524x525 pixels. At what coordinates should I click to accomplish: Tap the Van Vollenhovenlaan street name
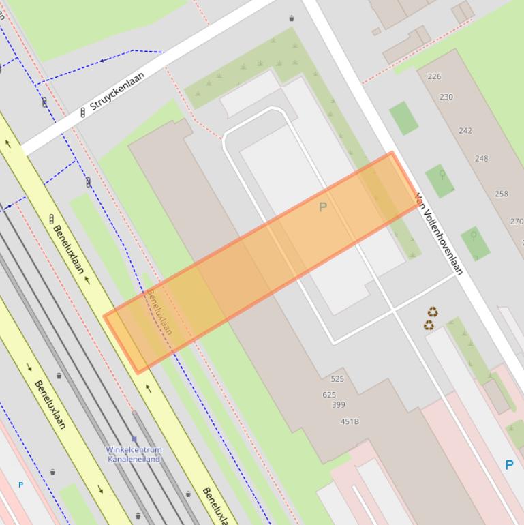point(438,234)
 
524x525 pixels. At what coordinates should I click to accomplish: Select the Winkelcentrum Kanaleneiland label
point(134,454)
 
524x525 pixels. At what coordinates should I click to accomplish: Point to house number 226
point(434,76)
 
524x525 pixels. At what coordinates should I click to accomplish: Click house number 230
point(446,97)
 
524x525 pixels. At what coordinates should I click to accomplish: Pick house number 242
point(465,130)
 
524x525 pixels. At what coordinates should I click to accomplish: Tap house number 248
point(482,158)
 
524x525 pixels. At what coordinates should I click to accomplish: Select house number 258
point(502,194)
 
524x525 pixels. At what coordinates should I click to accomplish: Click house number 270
point(517,221)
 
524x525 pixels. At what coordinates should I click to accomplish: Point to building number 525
point(337,379)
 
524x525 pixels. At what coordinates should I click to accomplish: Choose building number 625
point(329,395)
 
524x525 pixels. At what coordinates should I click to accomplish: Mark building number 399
point(338,405)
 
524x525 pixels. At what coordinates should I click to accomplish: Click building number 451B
point(350,421)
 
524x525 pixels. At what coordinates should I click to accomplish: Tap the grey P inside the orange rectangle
point(323,207)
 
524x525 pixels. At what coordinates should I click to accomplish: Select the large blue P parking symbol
point(509,465)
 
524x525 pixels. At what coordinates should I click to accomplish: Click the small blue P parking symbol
point(20,485)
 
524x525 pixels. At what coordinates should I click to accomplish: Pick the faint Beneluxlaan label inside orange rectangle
point(159,312)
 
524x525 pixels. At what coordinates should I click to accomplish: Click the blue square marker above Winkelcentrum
point(134,439)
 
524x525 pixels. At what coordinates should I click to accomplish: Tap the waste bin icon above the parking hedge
point(292,18)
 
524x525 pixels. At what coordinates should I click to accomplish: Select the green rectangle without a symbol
point(403,118)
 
